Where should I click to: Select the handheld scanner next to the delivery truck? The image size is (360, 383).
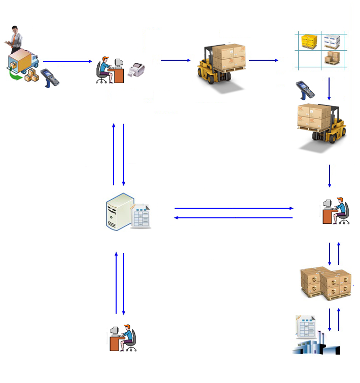(49, 78)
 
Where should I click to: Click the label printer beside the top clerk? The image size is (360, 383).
(136, 70)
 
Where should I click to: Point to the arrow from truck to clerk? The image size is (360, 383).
(67, 61)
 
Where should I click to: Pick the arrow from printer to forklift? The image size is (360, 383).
(175, 61)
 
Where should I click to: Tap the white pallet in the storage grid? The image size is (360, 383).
(332, 41)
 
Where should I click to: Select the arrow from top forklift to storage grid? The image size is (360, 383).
(263, 60)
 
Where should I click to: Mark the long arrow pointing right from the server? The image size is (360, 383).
(234, 208)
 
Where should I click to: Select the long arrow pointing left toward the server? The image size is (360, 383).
(234, 218)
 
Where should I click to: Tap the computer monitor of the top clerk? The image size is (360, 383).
(119, 63)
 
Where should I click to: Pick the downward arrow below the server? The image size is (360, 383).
(124, 284)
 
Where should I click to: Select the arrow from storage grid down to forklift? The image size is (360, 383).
(329, 89)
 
